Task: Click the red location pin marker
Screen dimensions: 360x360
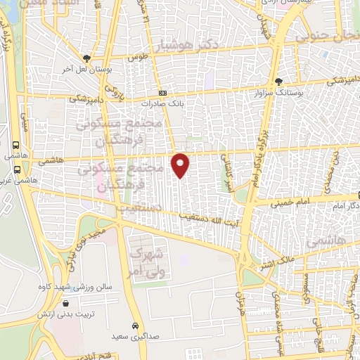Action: [x=181, y=165]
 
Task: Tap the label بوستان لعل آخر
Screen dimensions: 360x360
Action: [x=86, y=70]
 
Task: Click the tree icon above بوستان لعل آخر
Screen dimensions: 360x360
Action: [x=86, y=58]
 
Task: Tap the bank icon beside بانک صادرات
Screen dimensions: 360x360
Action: [x=162, y=93]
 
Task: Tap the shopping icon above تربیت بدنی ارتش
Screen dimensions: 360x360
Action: [x=66, y=304]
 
